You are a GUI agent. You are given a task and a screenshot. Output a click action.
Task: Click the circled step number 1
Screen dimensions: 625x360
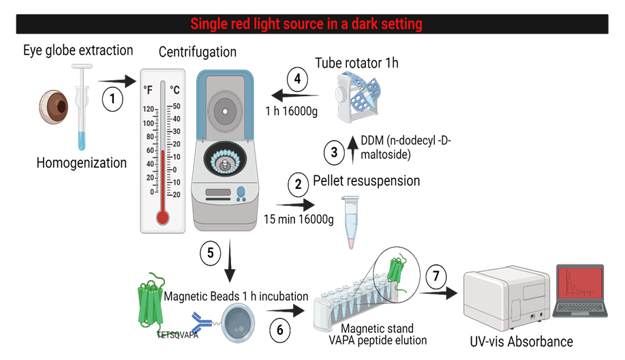(x=112, y=98)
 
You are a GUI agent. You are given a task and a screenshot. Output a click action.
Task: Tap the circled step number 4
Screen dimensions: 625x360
(x=297, y=79)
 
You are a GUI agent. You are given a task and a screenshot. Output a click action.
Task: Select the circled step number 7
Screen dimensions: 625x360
(x=436, y=276)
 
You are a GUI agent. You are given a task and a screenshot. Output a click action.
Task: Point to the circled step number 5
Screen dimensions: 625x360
(x=211, y=253)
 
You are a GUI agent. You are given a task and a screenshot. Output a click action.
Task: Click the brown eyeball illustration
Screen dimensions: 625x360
(x=54, y=107)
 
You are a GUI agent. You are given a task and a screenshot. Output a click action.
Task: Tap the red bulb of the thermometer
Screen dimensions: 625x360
(x=163, y=217)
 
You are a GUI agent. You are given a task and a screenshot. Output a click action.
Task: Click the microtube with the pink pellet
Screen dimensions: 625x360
(x=351, y=222)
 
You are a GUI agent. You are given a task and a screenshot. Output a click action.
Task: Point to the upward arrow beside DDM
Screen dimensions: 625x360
(x=352, y=150)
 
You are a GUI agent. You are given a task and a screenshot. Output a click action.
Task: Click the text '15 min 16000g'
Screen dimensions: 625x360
(x=299, y=220)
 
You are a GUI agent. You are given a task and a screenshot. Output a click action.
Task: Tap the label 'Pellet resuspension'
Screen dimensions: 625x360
(x=366, y=181)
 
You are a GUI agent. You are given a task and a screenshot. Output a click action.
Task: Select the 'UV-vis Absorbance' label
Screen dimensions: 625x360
(x=521, y=342)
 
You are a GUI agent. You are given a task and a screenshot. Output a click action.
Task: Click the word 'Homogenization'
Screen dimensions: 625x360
(x=82, y=163)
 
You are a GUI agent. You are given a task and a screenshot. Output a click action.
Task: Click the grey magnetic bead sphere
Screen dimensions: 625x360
(x=238, y=323)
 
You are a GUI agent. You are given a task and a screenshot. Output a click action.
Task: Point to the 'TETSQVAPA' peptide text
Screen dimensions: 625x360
(x=177, y=335)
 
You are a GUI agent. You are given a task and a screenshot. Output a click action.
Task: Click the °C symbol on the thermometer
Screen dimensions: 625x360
(x=174, y=90)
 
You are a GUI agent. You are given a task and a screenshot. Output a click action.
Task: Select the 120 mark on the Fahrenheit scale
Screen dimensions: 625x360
(x=149, y=109)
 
